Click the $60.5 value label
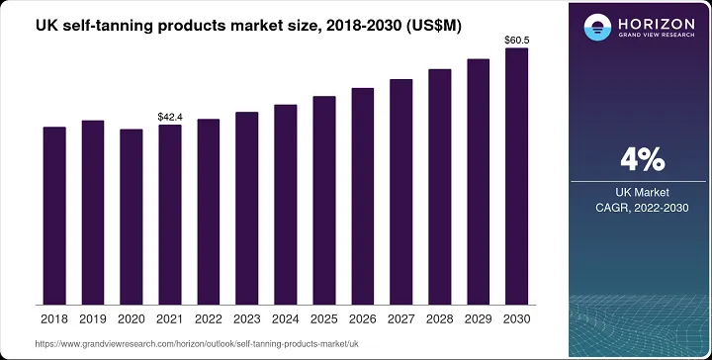click(x=516, y=41)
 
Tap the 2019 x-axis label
click(x=93, y=319)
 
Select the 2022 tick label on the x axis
click(x=209, y=319)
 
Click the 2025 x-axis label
click(x=323, y=319)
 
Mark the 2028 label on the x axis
click(x=439, y=319)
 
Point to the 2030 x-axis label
click(x=516, y=319)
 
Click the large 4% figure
click(x=641, y=159)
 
